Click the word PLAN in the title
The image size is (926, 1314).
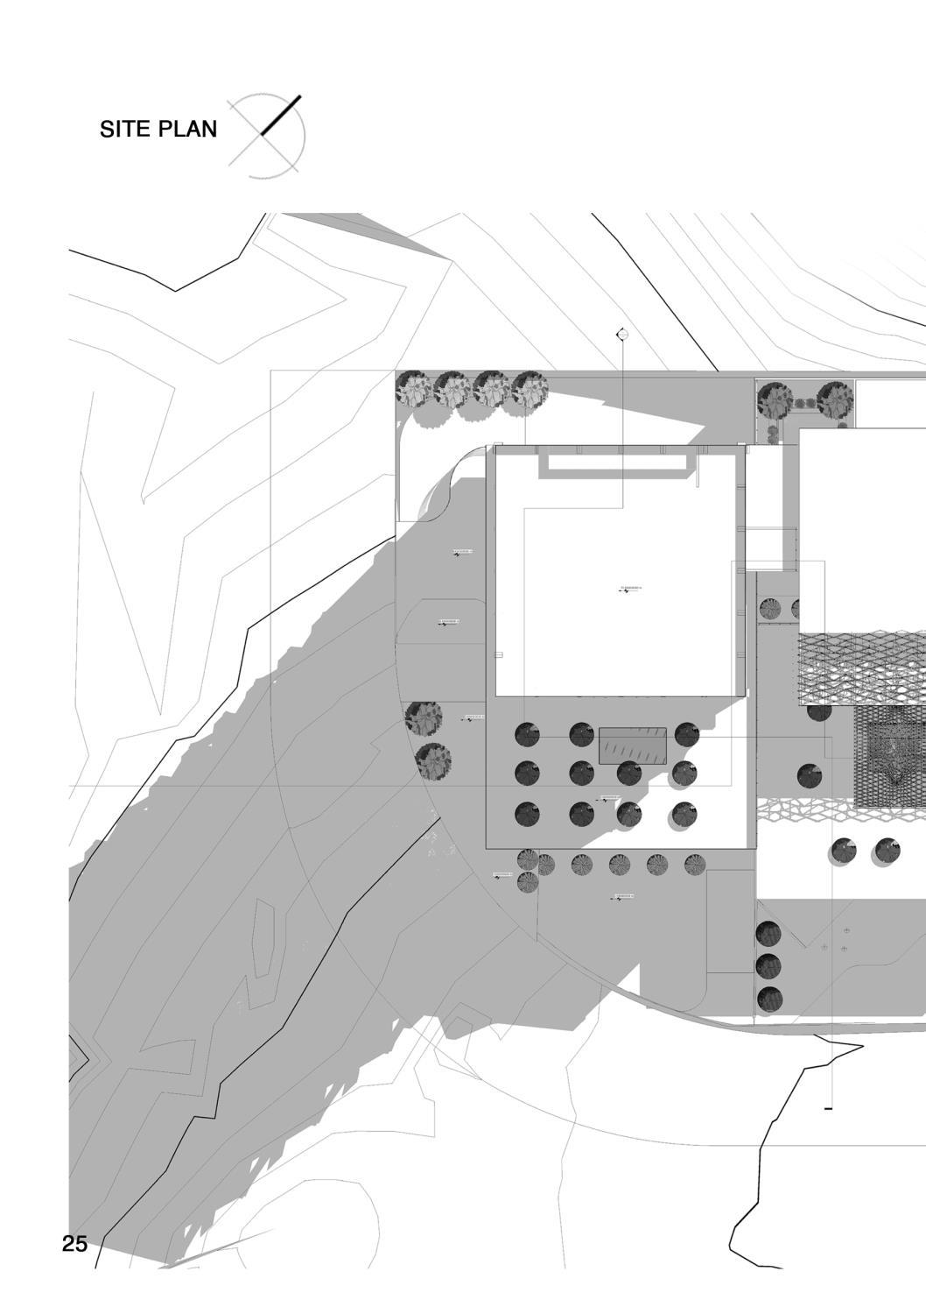[186, 130]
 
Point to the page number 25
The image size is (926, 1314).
[75, 1243]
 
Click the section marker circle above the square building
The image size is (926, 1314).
[622, 335]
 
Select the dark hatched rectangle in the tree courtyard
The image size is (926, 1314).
[632, 745]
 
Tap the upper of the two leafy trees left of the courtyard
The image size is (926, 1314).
[424, 718]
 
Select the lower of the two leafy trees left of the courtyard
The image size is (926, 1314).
[432, 759]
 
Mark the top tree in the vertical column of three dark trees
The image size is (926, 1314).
[768, 934]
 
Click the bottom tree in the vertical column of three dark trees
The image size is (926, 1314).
[769, 998]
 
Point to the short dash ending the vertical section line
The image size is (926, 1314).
[828, 1109]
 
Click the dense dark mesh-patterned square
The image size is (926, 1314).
[889, 757]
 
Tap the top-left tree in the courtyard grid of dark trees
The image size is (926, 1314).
[527, 734]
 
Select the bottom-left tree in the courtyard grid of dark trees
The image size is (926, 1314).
[527, 814]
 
